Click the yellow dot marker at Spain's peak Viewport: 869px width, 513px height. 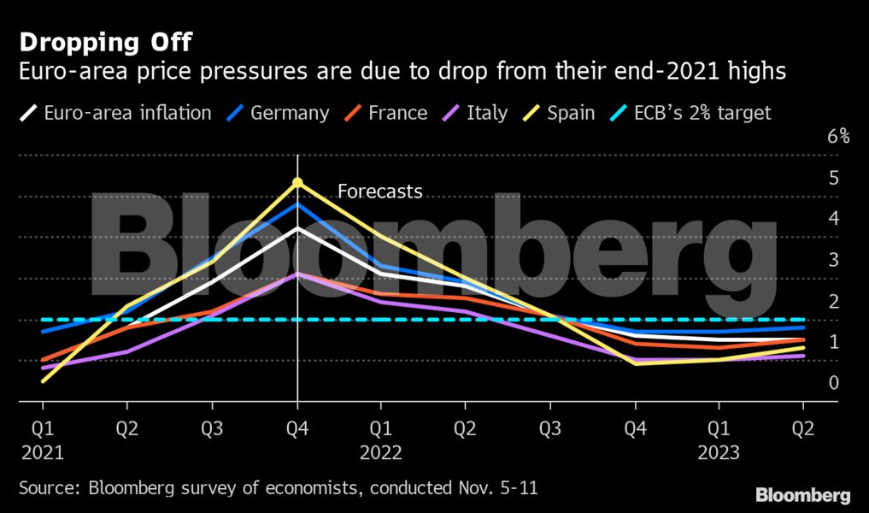click(297, 182)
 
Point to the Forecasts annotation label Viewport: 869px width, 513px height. click(380, 192)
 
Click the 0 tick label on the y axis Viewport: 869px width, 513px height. click(833, 382)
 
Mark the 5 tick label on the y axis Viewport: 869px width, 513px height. click(833, 177)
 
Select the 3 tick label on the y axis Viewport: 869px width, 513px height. click(833, 259)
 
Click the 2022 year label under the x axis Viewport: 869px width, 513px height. click(381, 452)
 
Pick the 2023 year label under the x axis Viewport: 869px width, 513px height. click(718, 452)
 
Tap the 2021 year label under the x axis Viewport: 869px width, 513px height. click(43, 452)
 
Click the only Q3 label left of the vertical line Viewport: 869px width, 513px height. click(212, 428)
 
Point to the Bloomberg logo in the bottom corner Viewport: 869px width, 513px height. click(802, 495)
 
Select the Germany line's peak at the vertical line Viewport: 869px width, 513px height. click(297, 204)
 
